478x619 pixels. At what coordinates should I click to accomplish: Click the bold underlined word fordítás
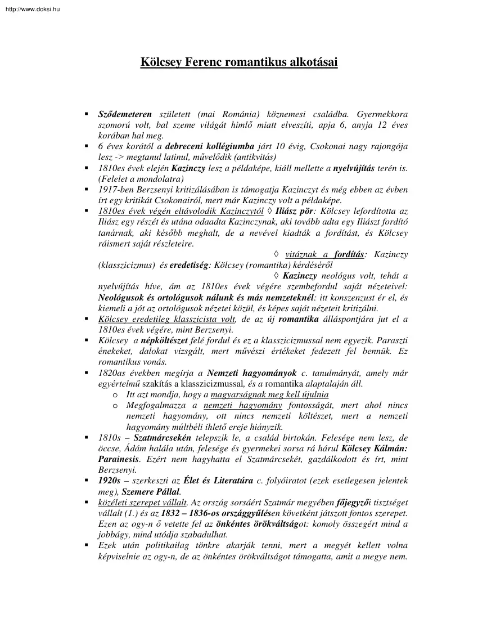(346, 255)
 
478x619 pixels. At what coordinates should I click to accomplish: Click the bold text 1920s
(110, 481)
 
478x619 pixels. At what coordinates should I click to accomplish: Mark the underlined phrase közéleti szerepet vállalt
(143, 503)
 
